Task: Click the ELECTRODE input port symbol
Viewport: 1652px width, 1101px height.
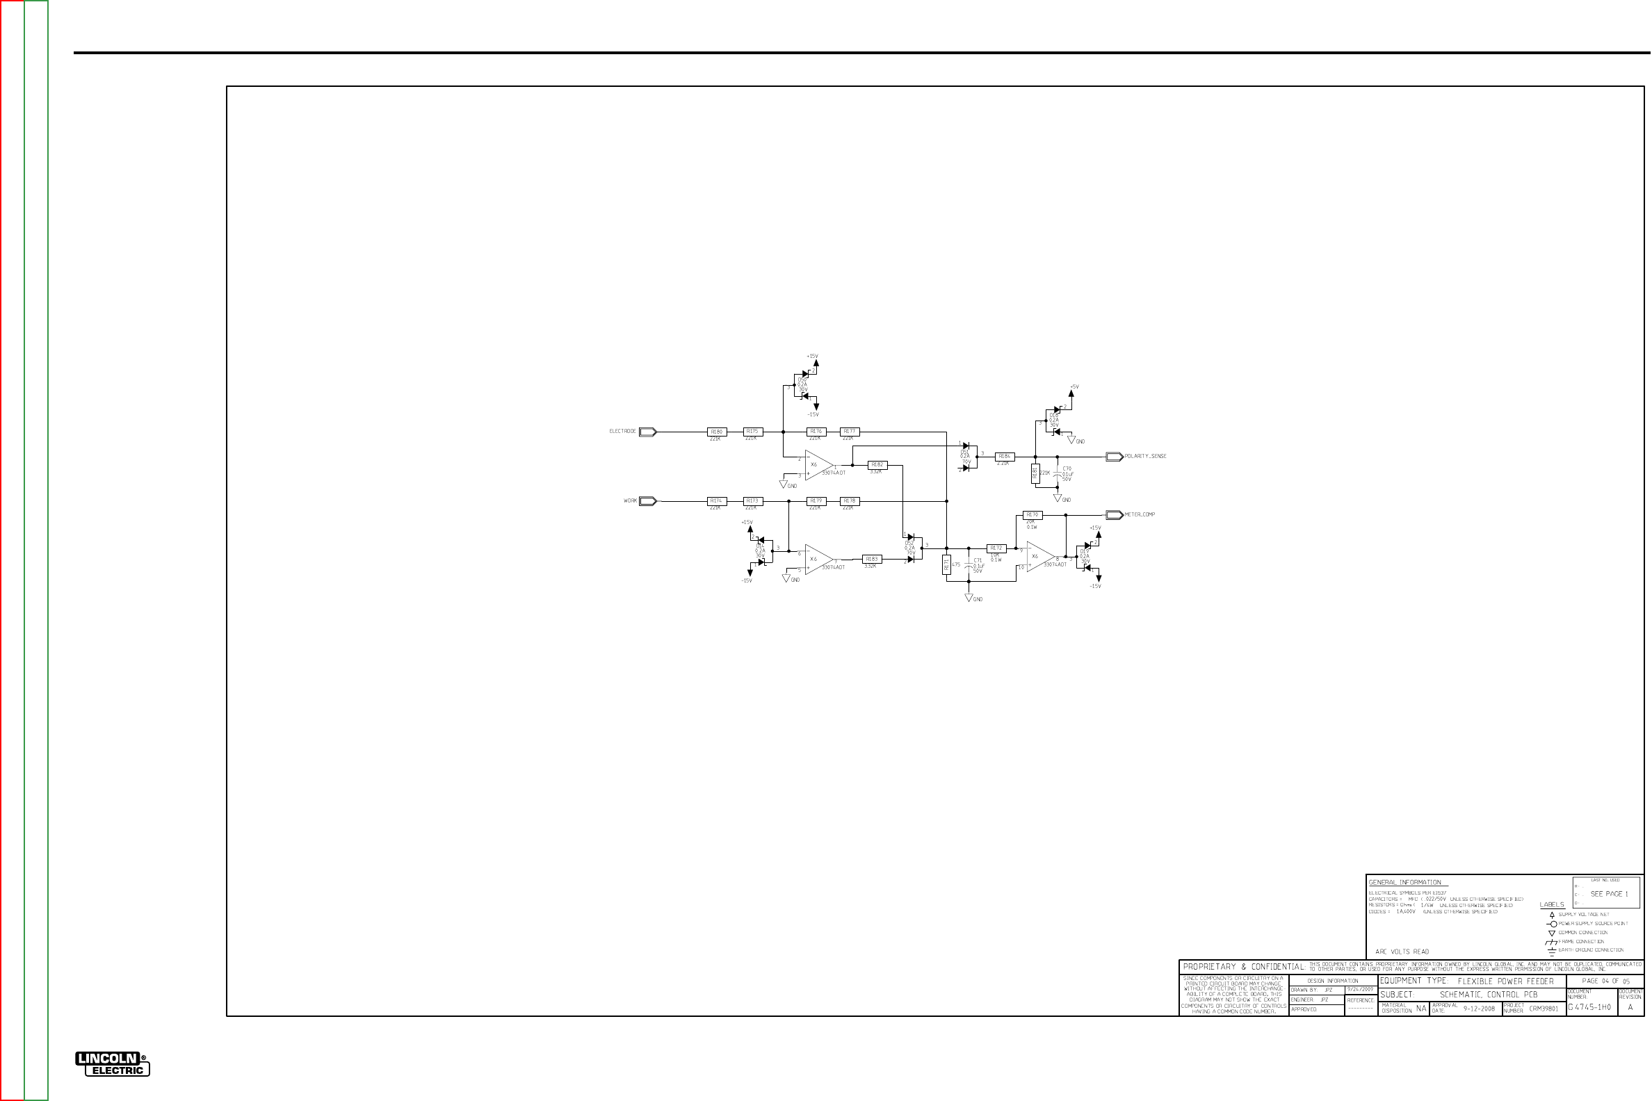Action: [647, 432]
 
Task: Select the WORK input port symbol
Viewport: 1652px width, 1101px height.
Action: [647, 501]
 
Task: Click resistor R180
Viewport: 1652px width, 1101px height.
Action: [716, 432]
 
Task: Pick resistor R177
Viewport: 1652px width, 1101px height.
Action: [850, 432]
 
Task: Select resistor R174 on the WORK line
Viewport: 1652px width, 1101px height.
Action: [716, 501]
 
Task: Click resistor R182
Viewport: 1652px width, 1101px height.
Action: [877, 465]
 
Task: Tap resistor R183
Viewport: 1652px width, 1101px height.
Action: [872, 560]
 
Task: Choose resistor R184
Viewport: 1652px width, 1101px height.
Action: [1005, 457]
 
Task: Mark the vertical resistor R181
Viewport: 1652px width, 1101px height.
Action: [947, 564]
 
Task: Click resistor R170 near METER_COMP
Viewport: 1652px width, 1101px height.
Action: [1032, 515]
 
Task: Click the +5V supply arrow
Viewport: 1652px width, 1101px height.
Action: [1071, 394]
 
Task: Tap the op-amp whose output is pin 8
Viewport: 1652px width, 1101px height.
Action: [1039, 557]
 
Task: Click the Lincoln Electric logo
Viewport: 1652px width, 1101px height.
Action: [113, 1063]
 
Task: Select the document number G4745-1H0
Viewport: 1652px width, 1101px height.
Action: [1589, 1008]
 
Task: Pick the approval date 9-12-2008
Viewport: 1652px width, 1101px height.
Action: [1479, 1009]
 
